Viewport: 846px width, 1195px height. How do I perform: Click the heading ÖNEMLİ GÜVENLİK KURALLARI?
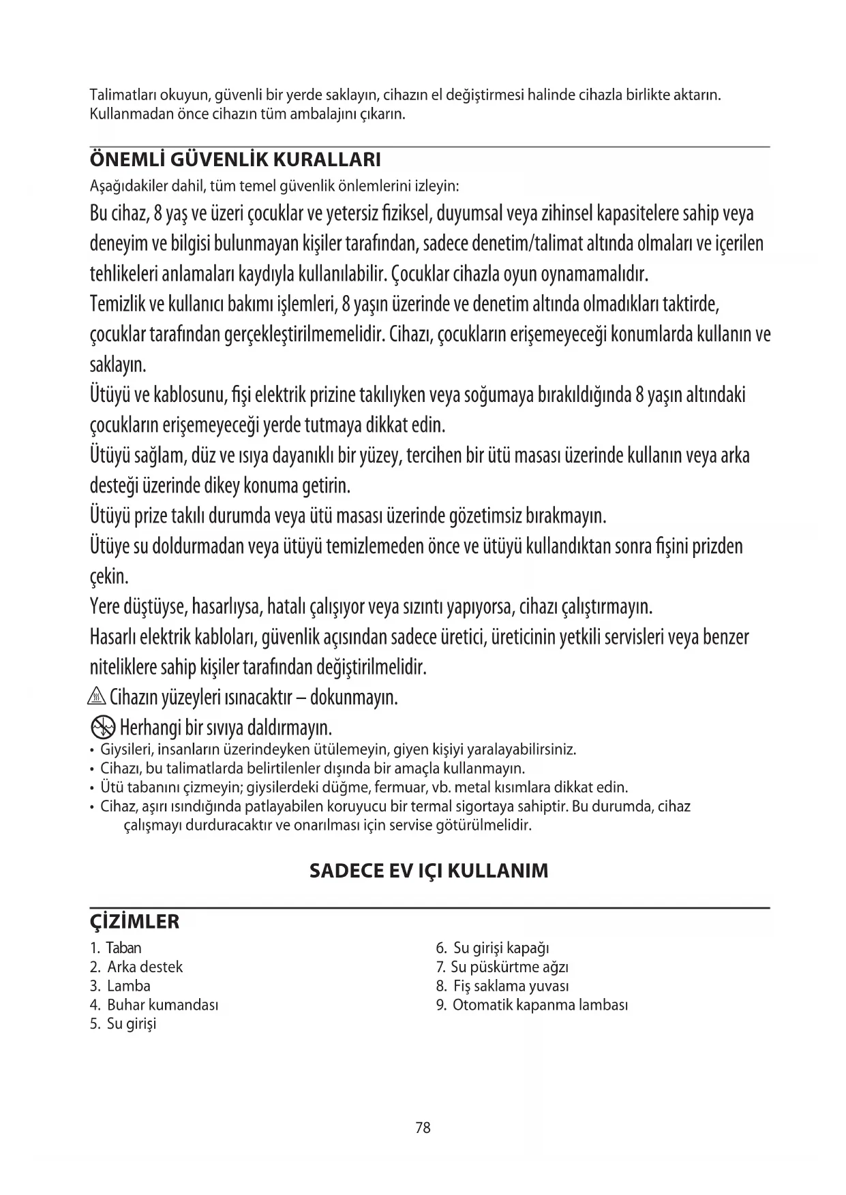(x=235, y=160)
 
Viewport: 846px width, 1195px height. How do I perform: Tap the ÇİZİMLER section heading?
(x=135, y=922)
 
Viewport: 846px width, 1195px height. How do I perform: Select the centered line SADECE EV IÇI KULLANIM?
(x=429, y=871)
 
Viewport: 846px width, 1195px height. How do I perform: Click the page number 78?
(x=423, y=1128)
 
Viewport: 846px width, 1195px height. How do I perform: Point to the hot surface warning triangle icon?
(x=97, y=698)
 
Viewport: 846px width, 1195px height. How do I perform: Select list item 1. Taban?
(x=116, y=948)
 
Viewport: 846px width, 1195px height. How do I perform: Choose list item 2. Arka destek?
(x=136, y=967)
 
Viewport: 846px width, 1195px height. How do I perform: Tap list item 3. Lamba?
(x=120, y=986)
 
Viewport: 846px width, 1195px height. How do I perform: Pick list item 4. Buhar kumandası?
(x=154, y=1005)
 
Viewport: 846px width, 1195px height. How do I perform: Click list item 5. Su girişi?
(x=123, y=1023)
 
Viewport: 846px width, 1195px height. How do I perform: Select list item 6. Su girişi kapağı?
(x=493, y=948)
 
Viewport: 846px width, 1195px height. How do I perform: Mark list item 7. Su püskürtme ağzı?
(x=502, y=967)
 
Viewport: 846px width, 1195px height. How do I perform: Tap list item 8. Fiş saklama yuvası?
(x=502, y=986)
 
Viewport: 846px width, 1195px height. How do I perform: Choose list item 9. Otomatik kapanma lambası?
(x=532, y=1005)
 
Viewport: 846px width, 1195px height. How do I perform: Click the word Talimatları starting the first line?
(x=119, y=95)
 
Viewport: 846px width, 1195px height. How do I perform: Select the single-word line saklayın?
(x=118, y=365)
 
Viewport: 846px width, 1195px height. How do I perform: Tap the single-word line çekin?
(x=109, y=577)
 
